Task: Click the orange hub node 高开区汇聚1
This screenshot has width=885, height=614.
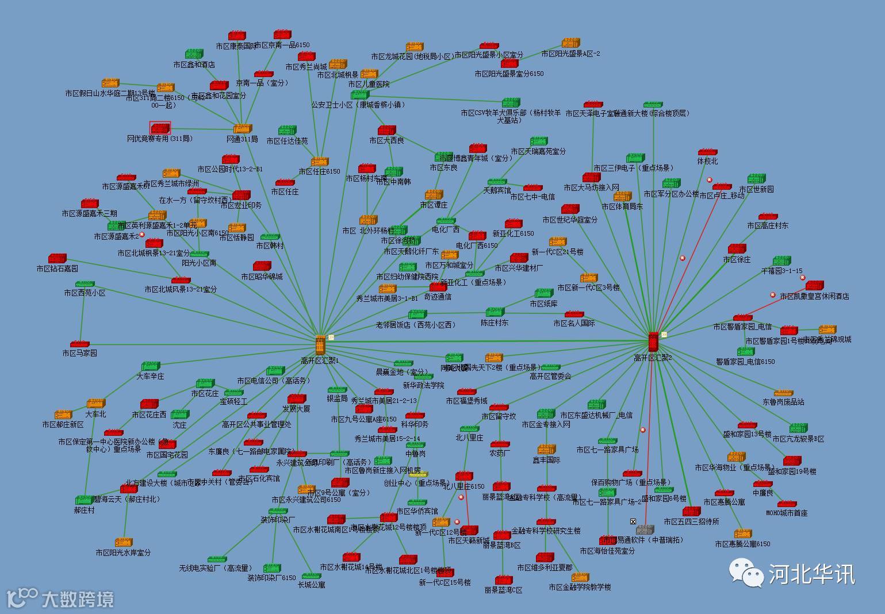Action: (x=320, y=344)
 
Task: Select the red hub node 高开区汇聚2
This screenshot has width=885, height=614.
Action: (x=653, y=341)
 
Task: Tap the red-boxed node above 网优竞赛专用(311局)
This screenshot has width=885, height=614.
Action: (x=160, y=128)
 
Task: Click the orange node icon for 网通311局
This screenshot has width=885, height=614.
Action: (x=242, y=129)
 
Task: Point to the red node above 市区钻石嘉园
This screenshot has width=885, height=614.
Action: (x=57, y=259)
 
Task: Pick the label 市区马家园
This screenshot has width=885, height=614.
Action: (x=79, y=353)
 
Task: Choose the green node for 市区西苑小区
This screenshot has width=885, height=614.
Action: (x=85, y=284)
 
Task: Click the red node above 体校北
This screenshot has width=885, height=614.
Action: (x=707, y=152)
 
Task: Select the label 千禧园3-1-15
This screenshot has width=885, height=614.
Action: (x=781, y=271)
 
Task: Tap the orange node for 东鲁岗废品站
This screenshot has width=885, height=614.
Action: (x=783, y=393)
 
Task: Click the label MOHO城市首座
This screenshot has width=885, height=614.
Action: (x=787, y=513)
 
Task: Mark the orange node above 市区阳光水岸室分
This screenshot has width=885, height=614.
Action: (x=124, y=542)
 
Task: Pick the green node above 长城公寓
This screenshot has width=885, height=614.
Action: (x=311, y=575)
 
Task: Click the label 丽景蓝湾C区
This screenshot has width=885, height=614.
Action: (x=503, y=590)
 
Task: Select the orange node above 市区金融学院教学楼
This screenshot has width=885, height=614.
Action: (x=580, y=577)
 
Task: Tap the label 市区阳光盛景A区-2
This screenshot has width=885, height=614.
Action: (x=570, y=54)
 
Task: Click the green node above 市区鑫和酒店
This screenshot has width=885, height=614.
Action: (x=194, y=55)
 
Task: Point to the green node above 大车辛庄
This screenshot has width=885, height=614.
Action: (x=150, y=366)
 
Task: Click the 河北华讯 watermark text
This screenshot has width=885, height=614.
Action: (x=811, y=573)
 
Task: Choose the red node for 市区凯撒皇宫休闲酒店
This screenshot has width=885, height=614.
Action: (x=814, y=286)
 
